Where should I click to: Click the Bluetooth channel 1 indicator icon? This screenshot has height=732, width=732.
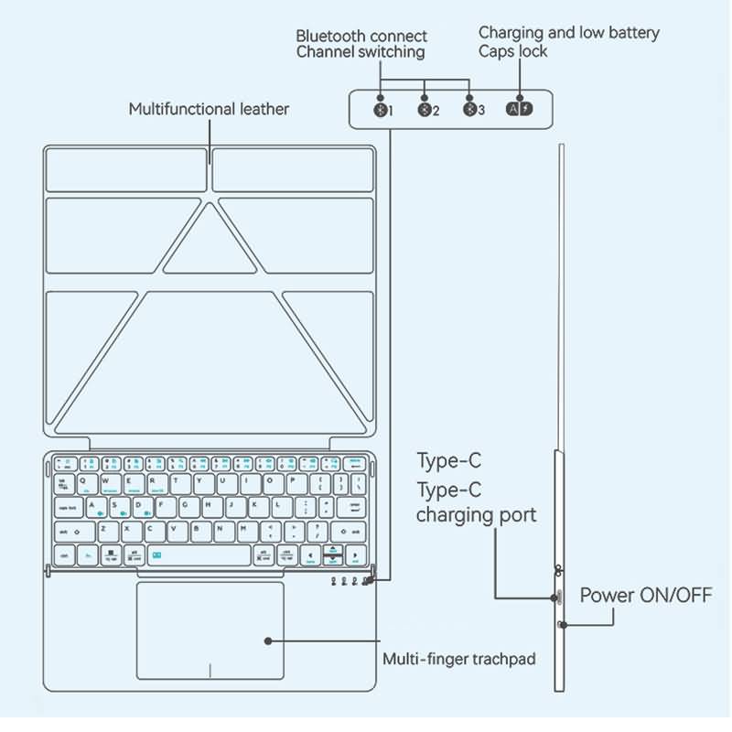point(380,110)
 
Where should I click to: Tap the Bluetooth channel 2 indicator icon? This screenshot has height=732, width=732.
point(425,110)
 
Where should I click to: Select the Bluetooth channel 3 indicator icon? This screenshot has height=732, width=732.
point(469,110)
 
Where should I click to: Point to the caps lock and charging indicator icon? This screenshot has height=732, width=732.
point(519,110)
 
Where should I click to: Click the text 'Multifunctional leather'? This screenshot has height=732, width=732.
point(209,109)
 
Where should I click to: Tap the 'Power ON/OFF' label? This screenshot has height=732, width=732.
point(646,596)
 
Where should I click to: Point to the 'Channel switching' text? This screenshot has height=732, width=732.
point(361,52)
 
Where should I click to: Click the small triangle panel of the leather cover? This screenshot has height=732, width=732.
point(210,240)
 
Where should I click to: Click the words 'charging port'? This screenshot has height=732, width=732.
point(476,515)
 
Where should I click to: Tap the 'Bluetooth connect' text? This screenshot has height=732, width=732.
point(361,36)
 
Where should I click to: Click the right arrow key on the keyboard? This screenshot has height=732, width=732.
point(355,555)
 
